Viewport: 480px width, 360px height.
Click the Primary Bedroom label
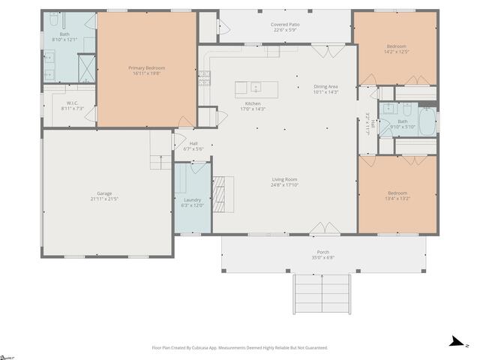pos(146,68)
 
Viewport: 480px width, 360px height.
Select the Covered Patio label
pos(284,24)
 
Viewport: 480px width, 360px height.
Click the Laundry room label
pos(192,199)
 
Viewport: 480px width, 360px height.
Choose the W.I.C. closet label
pos(72,103)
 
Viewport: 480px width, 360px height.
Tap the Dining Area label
pos(325,86)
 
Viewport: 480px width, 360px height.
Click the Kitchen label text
pos(253,103)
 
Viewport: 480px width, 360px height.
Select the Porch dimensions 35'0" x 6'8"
pos(323,257)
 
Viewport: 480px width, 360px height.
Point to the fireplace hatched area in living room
pos(219,194)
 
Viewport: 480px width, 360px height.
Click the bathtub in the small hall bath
pos(426,121)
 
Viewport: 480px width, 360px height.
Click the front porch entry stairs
pos(321,293)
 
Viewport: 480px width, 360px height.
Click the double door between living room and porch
pos(323,228)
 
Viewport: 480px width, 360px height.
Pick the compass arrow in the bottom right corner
pos(454,342)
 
